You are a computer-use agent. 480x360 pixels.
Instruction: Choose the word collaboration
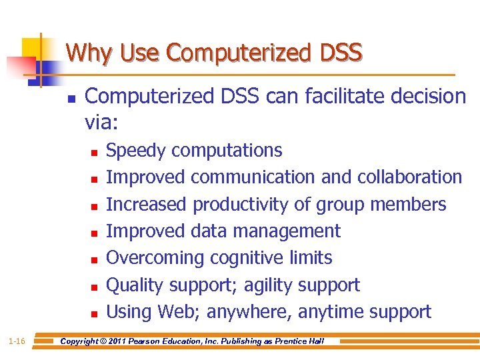click(409, 177)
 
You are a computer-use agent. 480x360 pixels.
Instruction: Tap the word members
click(409, 204)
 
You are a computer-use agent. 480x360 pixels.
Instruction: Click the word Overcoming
click(155, 257)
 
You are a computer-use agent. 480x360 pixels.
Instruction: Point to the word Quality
click(135, 285)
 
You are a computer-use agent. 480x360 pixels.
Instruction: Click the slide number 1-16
click(17, 341)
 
